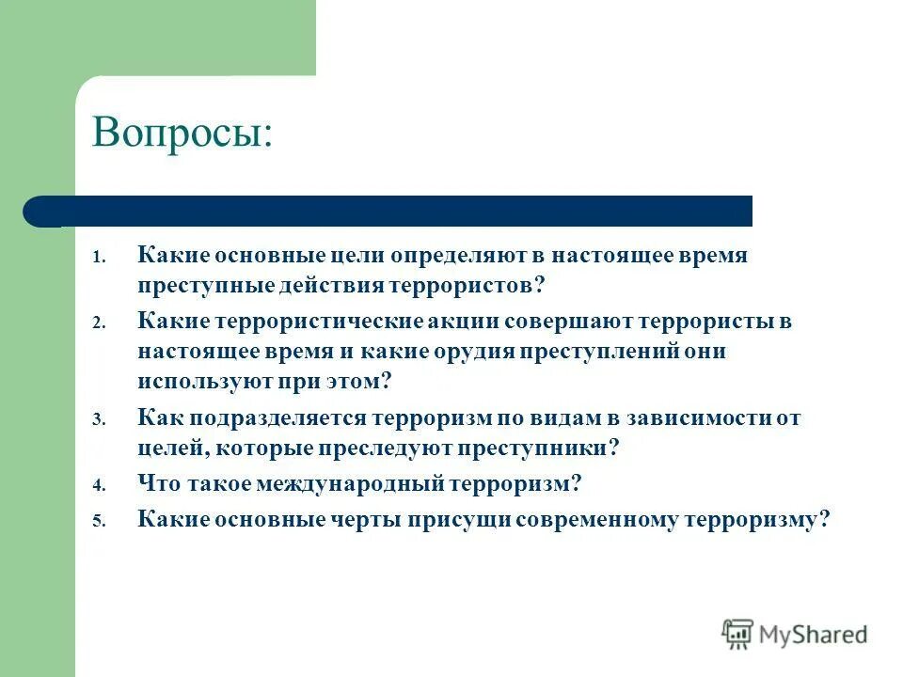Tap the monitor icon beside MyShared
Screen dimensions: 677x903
coord(737,634)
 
